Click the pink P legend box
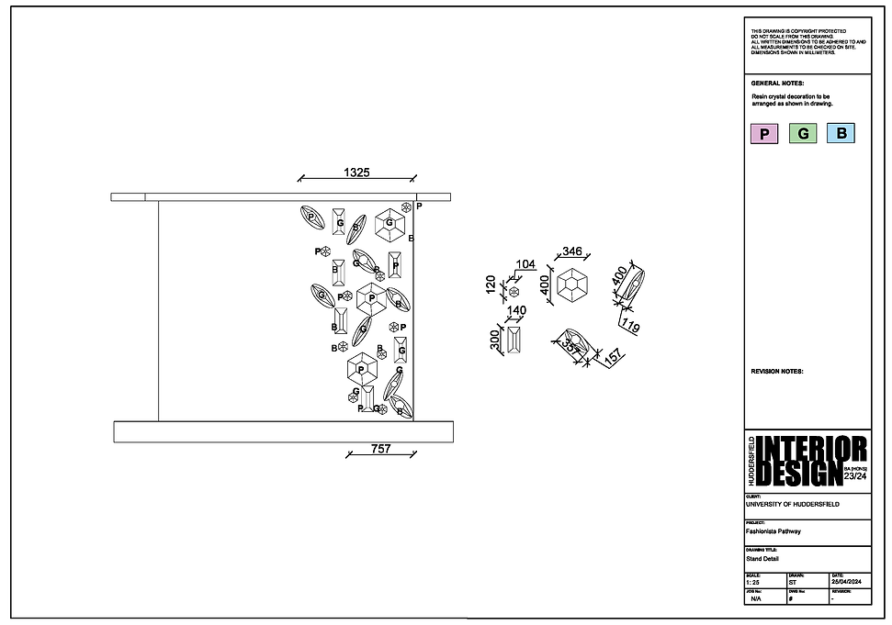pos(764,134)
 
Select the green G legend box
pos(803,134)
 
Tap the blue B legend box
pos(841,134)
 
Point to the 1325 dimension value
pos(357,172)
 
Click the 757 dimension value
pos(380,449)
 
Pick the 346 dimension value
pos(572,251)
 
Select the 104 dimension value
pos(525,264)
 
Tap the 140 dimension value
pos(516,310)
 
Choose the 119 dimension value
pos(630,325)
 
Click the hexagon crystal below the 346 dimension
pos(574,285)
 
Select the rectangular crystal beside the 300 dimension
pos(514,340)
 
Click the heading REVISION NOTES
pos(777,372)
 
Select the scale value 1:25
pos(753,583)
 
